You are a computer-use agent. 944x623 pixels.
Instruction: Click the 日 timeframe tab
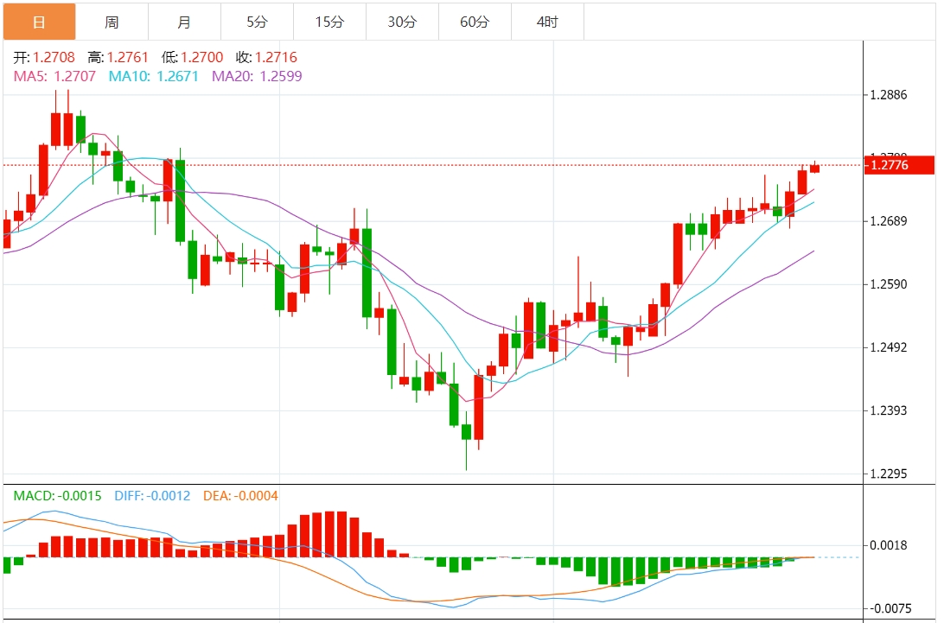pyautogui.click(x=39, y=22)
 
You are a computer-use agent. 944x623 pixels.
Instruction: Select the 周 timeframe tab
pyautogui.click(x=112, y=22)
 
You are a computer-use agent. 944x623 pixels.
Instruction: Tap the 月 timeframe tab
pyautogui.click(x=184, y=22)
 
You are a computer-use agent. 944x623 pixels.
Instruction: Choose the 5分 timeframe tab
pyautogui.click(x=257, y=22)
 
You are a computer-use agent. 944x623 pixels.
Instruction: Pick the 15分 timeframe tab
pyautogui.click(x=328, y=22)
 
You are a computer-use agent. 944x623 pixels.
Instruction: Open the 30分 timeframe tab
pyautogui.click(x=401, y=22)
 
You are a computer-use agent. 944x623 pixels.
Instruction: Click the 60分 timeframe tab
pyautogui.click(x=474, y=22)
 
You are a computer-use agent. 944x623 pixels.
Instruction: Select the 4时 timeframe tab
pyautogui.click(x=546, y=22)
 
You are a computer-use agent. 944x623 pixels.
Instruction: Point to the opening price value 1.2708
pyautogui.click(x=54, y=58)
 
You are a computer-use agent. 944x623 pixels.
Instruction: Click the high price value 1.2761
pyautogui.click(x=128, y=58)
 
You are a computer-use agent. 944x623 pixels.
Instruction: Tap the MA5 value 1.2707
pyautogui.click(x=75, y=76)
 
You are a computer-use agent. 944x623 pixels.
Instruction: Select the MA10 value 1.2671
pyautogui.click(x=177, y=76)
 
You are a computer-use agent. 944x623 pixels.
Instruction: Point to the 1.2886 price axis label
pyautogui.click(x=890, y=94)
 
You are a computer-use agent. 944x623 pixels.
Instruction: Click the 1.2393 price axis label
pyautogui.click(x=890, y=410)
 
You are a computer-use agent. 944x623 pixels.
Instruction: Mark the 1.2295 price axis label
pyautogui.click(x=890, y=474)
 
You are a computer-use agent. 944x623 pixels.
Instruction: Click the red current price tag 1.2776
pyautogui.click(x=899, y=165)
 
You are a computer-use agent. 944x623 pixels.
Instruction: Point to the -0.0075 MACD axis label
pyautogui.click(x=890, y=608)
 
